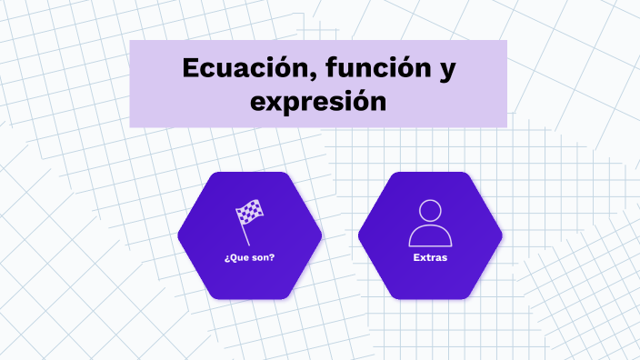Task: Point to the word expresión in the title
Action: [x=318, y=101]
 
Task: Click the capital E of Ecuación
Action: [x=189, y=68]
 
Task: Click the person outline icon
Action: [x=429, y=223]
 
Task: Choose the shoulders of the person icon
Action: [x=429, y=236]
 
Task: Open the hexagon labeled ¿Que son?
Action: [x=249, y=235]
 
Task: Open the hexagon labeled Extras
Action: [x=429, y=235]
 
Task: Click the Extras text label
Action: [x=429, y=257]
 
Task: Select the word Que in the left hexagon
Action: [x=237, y=257]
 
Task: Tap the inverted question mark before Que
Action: [x=226, y=258]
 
